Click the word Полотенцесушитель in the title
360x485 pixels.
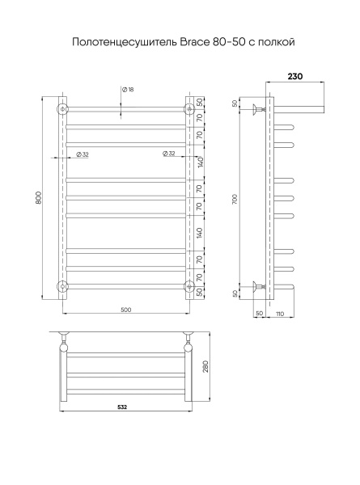tap(125, 42)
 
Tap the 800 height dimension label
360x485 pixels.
tap(38, 198)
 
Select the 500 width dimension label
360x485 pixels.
tap(126, 310)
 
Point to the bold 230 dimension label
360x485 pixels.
tap(295, 77)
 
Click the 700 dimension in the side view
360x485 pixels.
tap(235, 199)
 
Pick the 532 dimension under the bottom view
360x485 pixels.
tap(122, 407)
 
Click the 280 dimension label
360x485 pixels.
tap(205, 366)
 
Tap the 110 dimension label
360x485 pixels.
tap(280, 314)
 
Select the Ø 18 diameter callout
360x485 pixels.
tap(128, 90)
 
